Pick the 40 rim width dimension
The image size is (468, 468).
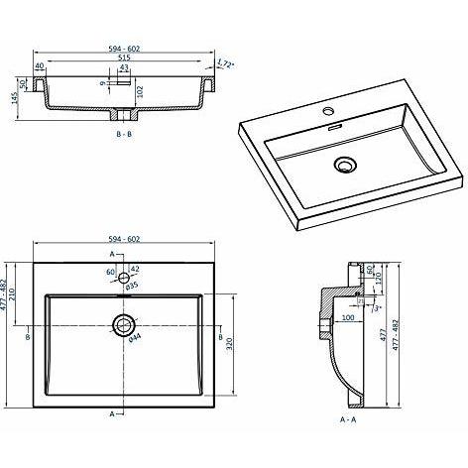pyautogui.click(x=40, y=66)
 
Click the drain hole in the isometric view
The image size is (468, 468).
pyautogui.click(x=346, y=165)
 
